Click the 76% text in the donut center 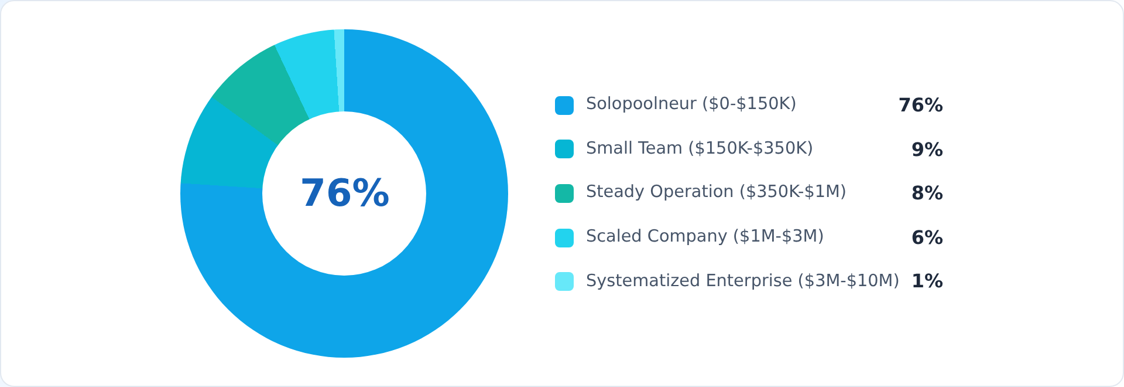coord(344,193)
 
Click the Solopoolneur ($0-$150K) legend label coord(691,104)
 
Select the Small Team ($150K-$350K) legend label coord(699,148)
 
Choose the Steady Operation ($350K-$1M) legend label coord(715,192)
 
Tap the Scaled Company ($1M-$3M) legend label coord(704,236)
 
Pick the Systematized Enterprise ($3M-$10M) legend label coord(742,281)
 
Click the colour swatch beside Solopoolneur coord(564,106)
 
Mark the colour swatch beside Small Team coord(564,149)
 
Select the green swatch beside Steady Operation coord(564,193)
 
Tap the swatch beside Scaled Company coord(564,238)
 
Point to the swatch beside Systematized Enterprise coord(564,281)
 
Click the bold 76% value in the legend coord(920,106)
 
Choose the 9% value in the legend coord(927,150)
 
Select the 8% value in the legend coord(927,193)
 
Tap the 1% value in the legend coord(927,281)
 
